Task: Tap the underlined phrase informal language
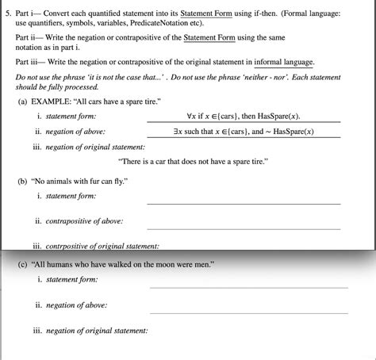coord(283,62)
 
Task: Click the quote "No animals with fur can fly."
coord(83,182)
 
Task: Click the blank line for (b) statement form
coord(244,204)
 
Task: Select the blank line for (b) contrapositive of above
coord(244,229)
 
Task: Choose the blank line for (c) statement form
coord(248,286)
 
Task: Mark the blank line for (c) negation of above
coord(248,313)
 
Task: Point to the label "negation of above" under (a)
coord(76,132)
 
